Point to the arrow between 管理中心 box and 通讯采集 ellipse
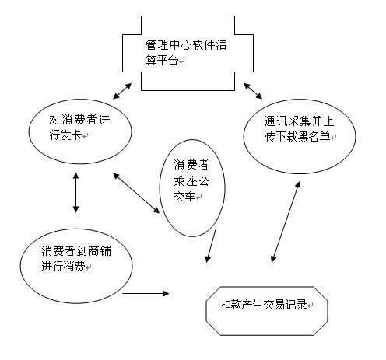click(x=250, y=86)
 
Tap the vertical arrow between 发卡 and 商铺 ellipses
click(x=75, y=192)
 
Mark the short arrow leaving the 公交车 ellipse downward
click(x=210, y=248)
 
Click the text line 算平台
click(x=162, y=61)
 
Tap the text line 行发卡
click(x=68, y=137)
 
